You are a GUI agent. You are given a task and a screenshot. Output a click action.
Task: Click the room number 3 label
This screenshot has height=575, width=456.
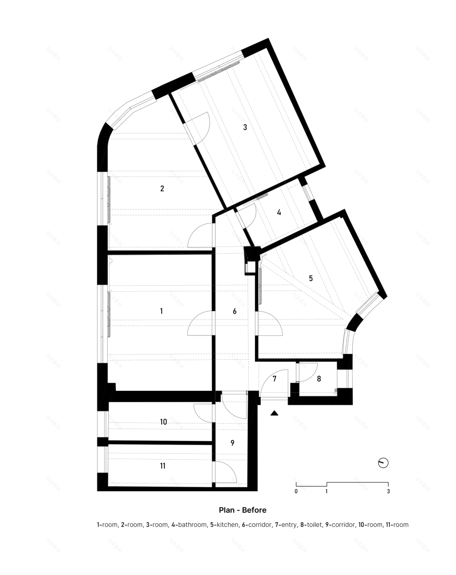pyautogui.click(x=245, y=127)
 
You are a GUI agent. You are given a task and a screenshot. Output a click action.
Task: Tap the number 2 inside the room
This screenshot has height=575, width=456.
pyautogui.click(x=162, y=188)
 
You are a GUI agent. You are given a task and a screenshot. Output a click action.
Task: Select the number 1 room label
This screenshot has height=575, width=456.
pyautogui.click(x=161, y=311)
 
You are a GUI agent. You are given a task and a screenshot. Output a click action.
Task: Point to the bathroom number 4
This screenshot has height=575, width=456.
pyautogui.click(x=279, y=212)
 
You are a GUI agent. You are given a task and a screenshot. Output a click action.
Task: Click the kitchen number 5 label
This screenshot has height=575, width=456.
pyautogui.click(x=311, y=278)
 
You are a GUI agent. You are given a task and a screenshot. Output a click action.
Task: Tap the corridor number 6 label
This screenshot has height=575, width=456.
pyautogui.click(x=234, y=312)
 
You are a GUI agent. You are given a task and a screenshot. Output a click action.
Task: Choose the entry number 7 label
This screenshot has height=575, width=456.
pyautogui.click(x=275, y=379)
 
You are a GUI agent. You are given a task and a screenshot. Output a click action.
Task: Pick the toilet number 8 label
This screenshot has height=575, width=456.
pyautogui.click(x=319, y=379)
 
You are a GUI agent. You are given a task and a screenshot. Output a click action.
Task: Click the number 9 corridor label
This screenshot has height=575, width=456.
pyautogui.click(x=233, y=443)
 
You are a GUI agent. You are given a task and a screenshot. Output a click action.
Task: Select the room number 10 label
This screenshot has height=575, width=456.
pyautogui.click(x=163, y=422)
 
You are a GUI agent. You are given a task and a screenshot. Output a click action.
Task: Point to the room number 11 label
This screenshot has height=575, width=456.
pyautogui.click(x=163, y=466)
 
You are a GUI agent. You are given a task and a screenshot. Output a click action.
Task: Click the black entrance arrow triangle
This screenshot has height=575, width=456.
pyautogui.click(x=275, y=413)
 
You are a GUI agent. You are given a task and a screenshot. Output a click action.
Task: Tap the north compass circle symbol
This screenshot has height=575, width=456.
pyautogui.click(x=383, y=463)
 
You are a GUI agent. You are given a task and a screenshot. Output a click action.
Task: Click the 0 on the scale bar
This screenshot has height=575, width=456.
pyautogui.click(x=296, y=491)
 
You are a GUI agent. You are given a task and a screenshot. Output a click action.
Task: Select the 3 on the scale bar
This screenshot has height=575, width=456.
pyautogui.click(x=388, y=491)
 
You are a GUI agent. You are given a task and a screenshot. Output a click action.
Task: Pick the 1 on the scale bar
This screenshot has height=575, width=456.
pyautogui.click(x=326, y=491)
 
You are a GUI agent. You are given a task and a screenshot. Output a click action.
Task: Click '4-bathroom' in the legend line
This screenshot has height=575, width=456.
pyautogui.click(x=189, y=525)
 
